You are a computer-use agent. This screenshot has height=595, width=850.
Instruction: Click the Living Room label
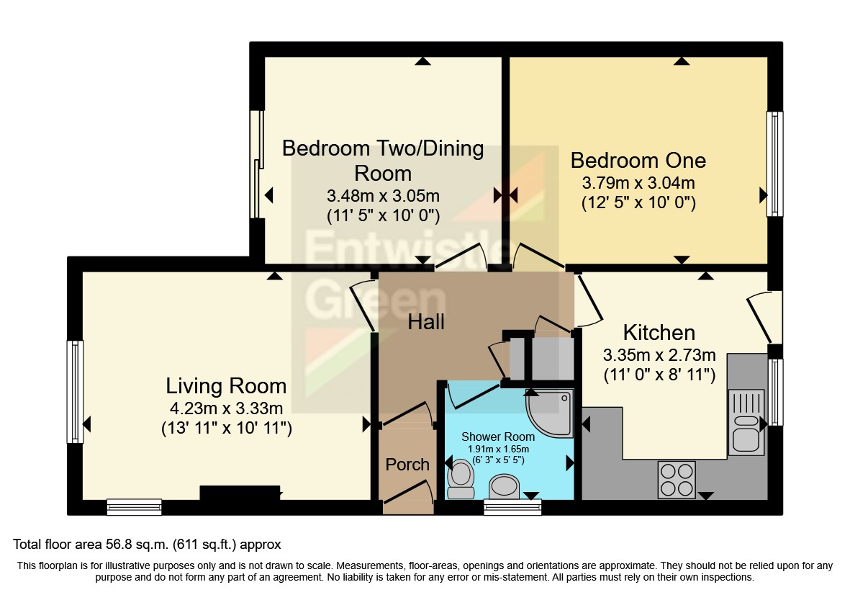tap(226, 386)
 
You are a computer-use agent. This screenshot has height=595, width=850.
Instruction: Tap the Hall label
tap(426, 322)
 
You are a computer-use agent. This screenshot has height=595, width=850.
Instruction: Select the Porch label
tap(407, 465)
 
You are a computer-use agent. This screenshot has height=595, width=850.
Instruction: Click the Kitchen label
tap(659, 333)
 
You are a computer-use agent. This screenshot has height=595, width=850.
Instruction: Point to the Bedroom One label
tap(638, 161)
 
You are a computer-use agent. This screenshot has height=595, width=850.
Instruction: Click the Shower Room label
tap(497, 437)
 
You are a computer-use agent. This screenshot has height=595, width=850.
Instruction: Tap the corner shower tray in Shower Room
tap(550, 413)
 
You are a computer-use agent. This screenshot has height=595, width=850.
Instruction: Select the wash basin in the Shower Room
tap(504, 486)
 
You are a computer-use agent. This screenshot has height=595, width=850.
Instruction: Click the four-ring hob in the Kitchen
tap(677, 480)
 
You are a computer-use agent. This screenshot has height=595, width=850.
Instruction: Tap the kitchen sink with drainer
tap(746, 422)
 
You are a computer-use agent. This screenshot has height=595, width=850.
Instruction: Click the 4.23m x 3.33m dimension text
tap(226, 408)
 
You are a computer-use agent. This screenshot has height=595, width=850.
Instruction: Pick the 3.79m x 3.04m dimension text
tap(638, 183)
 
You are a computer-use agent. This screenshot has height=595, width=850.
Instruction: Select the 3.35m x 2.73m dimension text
tap(659, 355)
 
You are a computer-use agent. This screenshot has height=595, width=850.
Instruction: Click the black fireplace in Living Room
tap(240, 493)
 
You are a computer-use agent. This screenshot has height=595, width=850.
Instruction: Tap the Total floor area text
tap(147, 544)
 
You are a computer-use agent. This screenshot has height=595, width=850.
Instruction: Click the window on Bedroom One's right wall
tap(775, 164)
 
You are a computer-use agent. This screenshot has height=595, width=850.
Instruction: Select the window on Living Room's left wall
tap(76, 392)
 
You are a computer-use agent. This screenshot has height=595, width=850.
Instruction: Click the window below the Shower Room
tap(512, 507)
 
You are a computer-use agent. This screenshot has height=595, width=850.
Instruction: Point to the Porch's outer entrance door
tap(407, 497)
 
